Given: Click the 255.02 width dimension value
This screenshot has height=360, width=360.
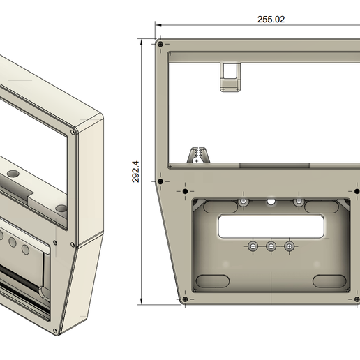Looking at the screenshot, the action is pos(271,20).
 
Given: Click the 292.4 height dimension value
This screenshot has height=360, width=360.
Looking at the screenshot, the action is pos(135,172).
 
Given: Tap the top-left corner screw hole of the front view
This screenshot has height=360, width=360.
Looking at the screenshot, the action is pos(160,44).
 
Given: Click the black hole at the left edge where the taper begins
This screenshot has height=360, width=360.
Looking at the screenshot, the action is pos(160,181).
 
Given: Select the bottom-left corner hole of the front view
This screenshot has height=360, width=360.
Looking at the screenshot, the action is pos(185,299).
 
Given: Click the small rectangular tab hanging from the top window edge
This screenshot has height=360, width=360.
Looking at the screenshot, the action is pos(230,77).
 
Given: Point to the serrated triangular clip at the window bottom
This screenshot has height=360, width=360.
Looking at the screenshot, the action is pos(198,155).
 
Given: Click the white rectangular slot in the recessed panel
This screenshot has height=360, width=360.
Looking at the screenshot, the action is pos(271,227).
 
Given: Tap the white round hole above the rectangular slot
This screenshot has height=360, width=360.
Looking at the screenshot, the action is pos(271,201).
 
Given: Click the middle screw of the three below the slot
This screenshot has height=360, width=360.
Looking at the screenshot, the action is pos(271,246).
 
